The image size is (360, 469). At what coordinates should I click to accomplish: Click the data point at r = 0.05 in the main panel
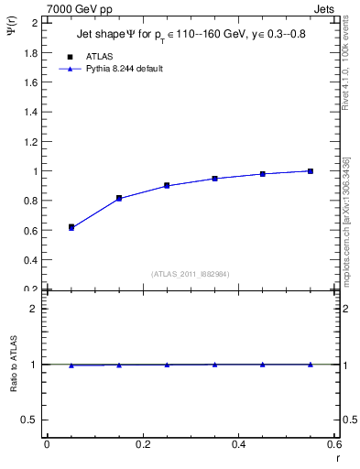click(x=71, y=227)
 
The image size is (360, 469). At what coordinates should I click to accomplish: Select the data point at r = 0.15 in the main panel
click(x=119, y=198)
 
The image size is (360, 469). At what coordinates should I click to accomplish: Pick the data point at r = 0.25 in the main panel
click(x=167, y=185)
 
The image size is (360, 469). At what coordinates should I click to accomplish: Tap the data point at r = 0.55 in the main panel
click(x=311, y=171)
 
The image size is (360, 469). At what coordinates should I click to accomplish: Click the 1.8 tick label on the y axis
click(x=29, y=53)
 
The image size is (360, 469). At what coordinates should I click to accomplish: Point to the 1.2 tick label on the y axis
click(x=29, y=142)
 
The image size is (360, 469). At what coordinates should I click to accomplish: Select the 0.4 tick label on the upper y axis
click(x=29, y=260)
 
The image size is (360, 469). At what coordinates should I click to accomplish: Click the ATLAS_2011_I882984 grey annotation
click(x=191, y=273)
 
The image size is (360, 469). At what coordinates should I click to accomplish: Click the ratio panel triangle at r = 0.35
click(x=214, y=365)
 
